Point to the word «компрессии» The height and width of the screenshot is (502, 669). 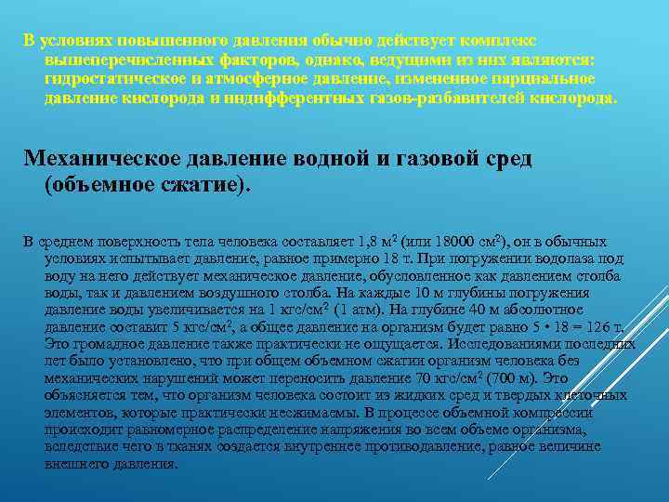[554, 412]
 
